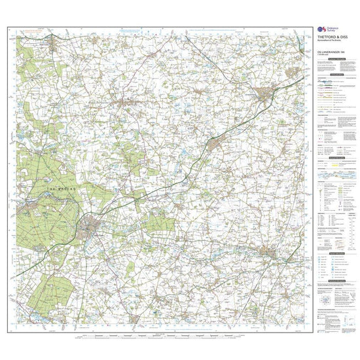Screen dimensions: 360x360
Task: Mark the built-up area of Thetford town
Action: click(91, 227)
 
